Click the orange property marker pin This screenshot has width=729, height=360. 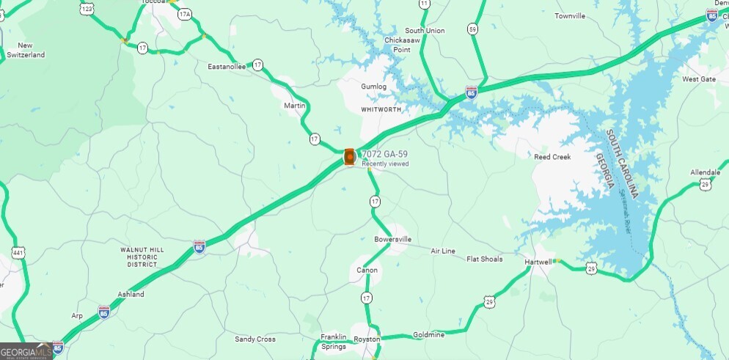tap(349, 156)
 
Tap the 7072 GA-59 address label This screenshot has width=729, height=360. tap(384, 154)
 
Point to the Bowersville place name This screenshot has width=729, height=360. tap(393, 239)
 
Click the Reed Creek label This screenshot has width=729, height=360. tap(552, 157)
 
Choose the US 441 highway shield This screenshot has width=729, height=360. tap(18, 252)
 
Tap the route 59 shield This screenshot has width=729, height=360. tap(473, 29)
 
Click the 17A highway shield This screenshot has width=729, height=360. tap(184, 14)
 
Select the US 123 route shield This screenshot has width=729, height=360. tap(87, 8)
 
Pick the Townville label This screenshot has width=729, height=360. tap(570, 15)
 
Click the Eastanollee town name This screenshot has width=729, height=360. tap(227, 66)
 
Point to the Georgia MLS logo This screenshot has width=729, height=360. tap(26, 352)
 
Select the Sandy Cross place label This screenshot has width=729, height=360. tap(254, 339)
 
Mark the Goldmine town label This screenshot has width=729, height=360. tap(429, 335)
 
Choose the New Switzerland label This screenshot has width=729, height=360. tap(26, 50)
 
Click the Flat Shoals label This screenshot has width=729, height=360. tap(485, 259)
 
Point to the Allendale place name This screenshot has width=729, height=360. tap(706, 172)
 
